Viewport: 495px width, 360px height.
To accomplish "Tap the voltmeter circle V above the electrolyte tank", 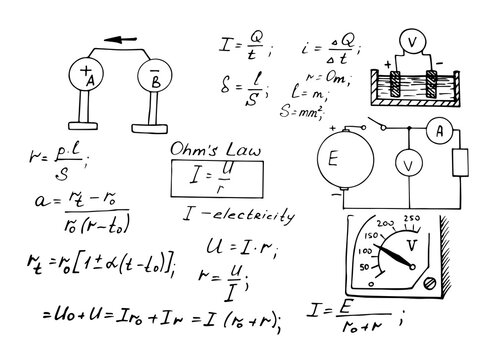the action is click(412, 42).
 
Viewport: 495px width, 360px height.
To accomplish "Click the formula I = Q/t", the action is click(242, 42).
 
